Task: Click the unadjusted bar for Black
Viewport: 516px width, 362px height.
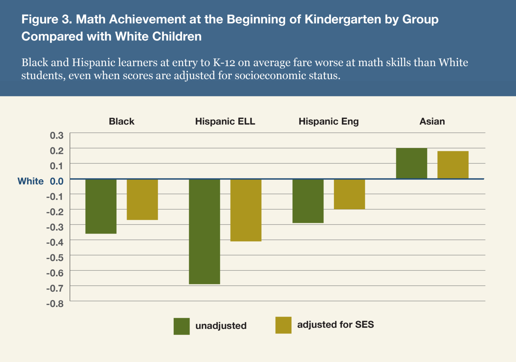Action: [101, 206]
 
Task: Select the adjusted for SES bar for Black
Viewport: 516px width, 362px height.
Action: [142, 199]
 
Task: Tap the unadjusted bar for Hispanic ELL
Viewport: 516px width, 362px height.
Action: [204, 231]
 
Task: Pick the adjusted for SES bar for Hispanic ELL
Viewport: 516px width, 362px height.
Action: [246, 210]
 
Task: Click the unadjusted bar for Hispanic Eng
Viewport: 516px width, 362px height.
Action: [308, 201]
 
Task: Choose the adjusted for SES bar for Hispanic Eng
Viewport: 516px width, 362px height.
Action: [349, 194]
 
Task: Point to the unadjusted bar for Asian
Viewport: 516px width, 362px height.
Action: [411, 163]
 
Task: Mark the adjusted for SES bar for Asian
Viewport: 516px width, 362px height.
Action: [453, 165]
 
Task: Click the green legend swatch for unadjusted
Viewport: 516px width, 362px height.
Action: [182, 326]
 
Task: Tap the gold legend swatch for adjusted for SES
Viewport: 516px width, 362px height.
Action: [283, 325]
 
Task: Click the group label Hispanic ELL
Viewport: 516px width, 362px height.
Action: [225, 122]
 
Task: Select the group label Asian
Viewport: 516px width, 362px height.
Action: [432, 122]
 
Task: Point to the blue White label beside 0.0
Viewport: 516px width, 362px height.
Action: [31, 181]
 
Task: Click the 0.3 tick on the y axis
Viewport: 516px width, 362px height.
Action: [57, 135]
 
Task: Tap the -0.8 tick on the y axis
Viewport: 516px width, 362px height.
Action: [55, 304]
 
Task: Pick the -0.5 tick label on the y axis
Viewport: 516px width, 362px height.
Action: [55, 258]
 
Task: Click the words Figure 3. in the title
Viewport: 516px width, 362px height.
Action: [47, 20]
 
